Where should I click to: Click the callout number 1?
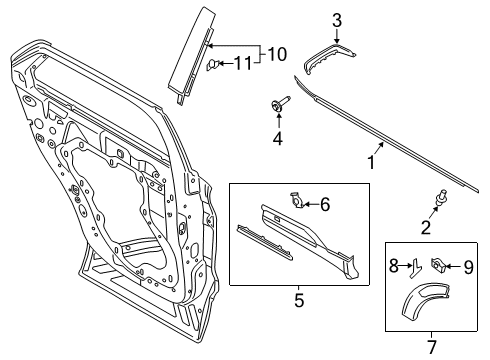tap(373, 159)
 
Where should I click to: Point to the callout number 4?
tap(277, 138)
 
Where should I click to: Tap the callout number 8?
tap(392, 266)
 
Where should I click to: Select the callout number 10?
tap(277, 52)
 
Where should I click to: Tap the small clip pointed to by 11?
tap(214, 65)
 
